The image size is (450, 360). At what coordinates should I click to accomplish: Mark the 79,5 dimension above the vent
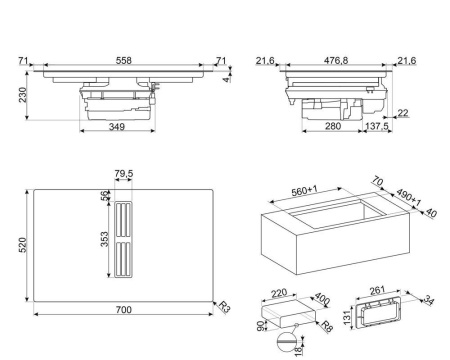(122, 175)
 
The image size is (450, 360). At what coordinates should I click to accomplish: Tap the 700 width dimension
(122, 311)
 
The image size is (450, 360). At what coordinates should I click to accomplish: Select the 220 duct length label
(277, 295)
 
